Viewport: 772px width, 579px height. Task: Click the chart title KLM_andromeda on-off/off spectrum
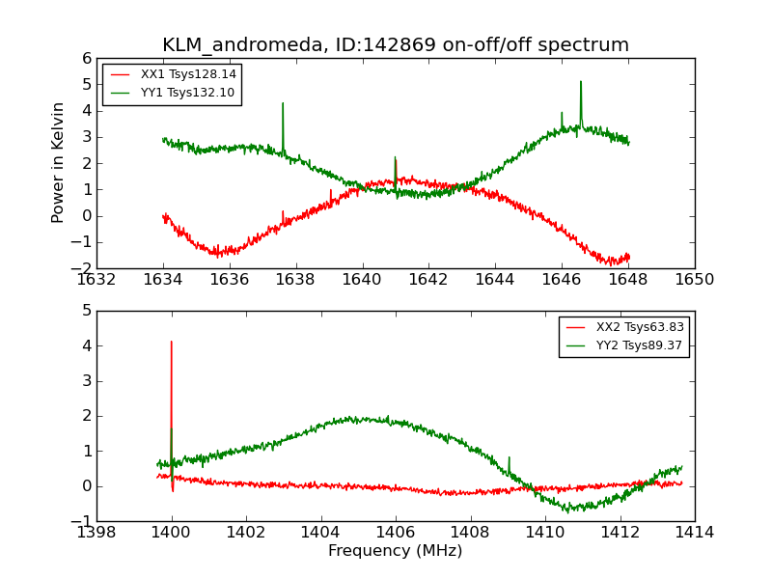(396, 44)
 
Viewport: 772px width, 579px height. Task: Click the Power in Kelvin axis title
(59, 162)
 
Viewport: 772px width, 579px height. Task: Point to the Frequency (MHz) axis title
(396, 551)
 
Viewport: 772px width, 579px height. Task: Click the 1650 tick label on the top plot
(694, 280)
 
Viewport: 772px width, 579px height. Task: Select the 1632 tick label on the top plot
(96, 280)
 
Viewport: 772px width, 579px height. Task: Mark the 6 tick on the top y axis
(86, 58)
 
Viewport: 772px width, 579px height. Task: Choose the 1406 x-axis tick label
(396, 532)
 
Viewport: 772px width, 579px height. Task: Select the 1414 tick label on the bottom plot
(694, 532)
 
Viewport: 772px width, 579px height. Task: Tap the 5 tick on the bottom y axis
(86, 311)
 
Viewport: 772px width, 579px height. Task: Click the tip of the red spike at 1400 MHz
(172, 341)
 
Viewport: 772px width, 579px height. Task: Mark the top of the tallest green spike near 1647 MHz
(581, 81)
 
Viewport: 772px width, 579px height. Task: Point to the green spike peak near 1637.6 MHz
(283, 103)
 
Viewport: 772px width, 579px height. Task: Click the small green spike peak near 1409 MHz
(509, 457)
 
